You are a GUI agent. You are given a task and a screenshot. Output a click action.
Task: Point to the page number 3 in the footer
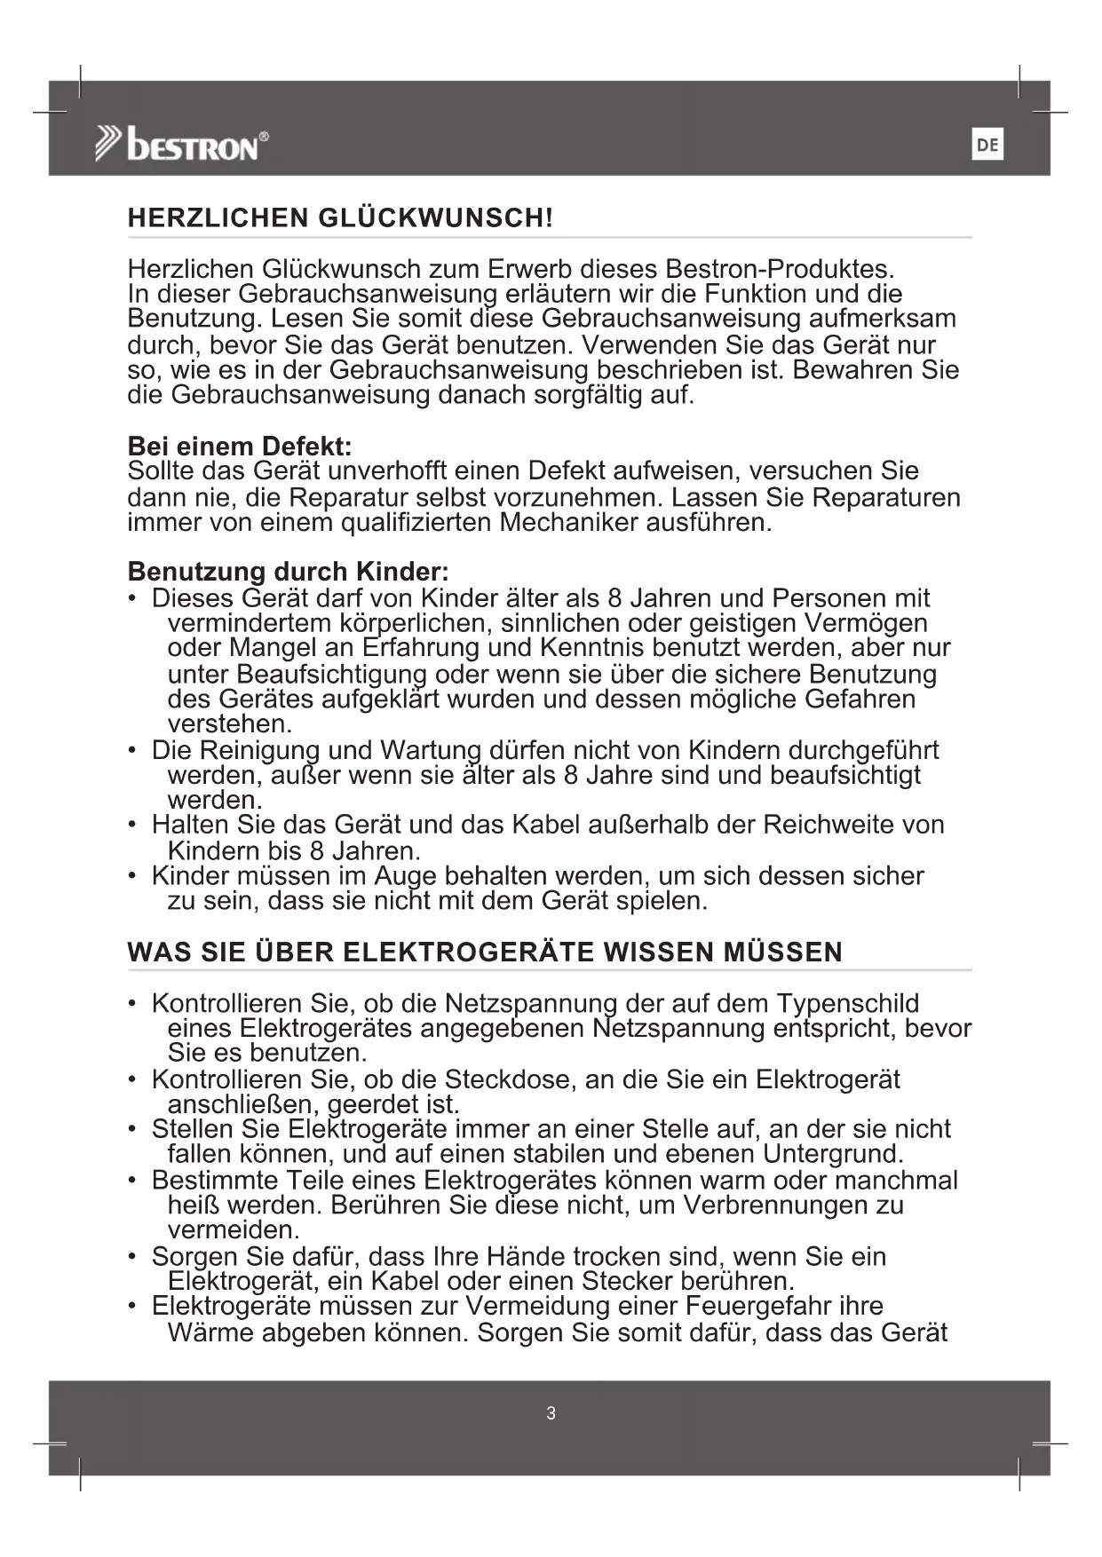551,1413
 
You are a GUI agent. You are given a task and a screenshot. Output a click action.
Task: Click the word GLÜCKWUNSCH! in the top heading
435,218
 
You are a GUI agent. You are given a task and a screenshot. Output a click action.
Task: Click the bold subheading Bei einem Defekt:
240,446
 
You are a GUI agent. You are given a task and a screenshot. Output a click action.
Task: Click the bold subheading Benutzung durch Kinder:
289,571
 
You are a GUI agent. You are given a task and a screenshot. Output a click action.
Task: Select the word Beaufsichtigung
323,674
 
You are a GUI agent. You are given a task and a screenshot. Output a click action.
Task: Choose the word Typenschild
847,1003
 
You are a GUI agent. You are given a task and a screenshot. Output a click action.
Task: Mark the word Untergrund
832,1154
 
